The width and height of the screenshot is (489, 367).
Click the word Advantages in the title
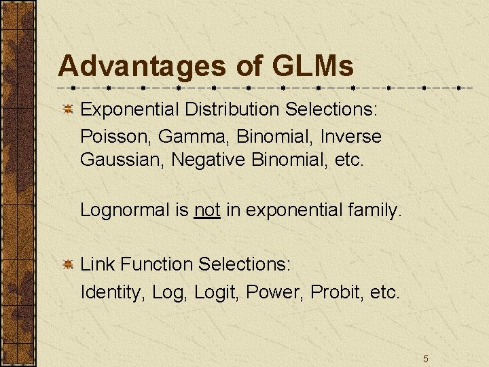[x=142, y=67]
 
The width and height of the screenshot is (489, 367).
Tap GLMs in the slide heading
[x=312, y=67]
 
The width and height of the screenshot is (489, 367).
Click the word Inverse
[x=350, y=136]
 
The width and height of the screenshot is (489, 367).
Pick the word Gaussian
[x=122, y=160]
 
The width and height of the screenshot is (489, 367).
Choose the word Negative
[x=209, y=160]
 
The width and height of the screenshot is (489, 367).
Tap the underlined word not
[x=207, y=210]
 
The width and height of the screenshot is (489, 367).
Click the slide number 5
[x=425, y=358]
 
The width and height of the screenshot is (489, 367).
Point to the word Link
[x=96, y=264]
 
